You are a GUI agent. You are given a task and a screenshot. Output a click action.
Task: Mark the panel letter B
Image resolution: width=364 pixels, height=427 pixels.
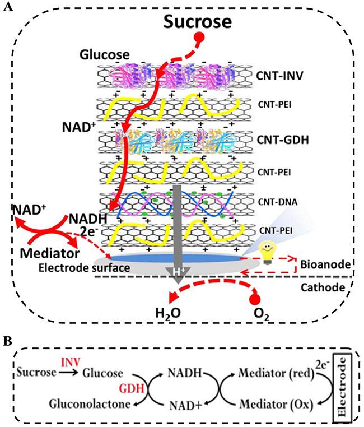pos(8,342)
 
